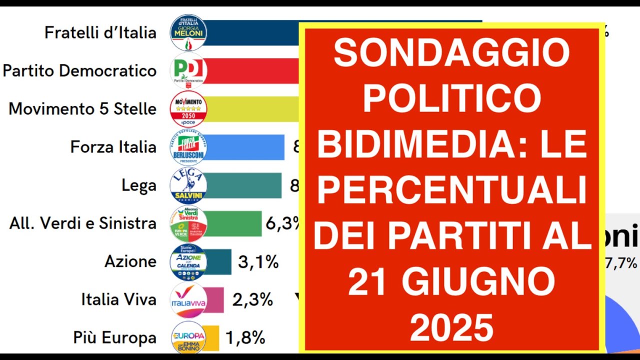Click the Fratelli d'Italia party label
[x=100, y=33]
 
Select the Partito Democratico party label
[x=79, y=71]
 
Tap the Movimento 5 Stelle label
[x=82, y=109]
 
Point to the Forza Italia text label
[x=113, y=147]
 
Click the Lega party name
[x=139, y=185]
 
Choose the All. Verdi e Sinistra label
[x=83, y=223]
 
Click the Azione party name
[x=130, y=261]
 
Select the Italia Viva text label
[x=119, y=300]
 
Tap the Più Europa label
[x=115, y=338]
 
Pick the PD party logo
[x=188, y=71]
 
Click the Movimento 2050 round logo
[x=188, y=109]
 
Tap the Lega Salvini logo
[x=188, y=185]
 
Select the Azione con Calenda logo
[x=188, y=261]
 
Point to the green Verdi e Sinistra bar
[x=233, y=223]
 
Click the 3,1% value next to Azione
[x=258, y=261]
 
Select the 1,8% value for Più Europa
[x=245, y=338]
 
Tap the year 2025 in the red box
[x=452, y=327]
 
